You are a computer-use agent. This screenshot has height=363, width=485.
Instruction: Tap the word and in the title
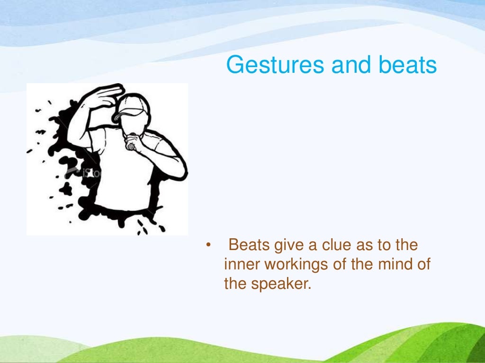347,65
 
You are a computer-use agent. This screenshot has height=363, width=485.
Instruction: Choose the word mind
392,265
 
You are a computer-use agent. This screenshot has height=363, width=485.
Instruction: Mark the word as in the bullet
373,246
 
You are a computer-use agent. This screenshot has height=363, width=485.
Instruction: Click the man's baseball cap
133,106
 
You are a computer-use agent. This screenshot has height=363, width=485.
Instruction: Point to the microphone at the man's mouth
130,146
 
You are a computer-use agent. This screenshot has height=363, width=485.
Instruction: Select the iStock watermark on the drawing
83,173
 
